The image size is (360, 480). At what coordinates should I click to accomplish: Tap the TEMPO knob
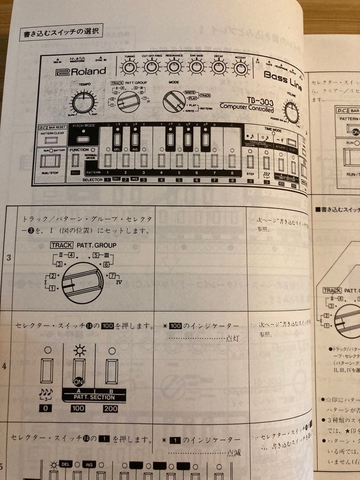click(x=84, y=103)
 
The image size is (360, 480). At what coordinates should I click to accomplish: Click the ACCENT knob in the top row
click(x=240, y=69)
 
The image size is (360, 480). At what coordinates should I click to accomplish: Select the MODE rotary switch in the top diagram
click(x=174, y=102)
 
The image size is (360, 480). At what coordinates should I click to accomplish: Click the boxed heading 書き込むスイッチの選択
click(x=61, y=33)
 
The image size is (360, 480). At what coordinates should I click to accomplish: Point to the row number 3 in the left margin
click(x=9, y=256)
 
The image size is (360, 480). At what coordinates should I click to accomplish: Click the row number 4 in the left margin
click(x=5, y=367)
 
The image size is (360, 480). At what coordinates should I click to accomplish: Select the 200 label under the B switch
click(x=111, y=408)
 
